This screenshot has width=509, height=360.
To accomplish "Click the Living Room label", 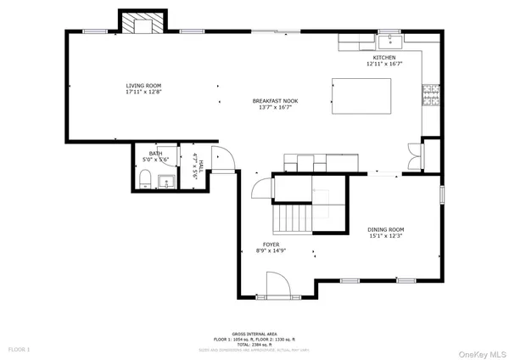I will [143, 86].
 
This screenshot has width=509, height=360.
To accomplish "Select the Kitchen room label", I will [383, 58].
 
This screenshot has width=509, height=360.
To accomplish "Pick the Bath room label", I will [155, 153].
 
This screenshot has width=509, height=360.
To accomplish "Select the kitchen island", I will [361, 96].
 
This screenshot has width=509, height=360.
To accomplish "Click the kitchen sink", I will [393, 38].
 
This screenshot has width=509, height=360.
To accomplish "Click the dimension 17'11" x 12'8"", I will [143, 93].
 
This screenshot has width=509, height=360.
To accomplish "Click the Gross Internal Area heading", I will [254, 335].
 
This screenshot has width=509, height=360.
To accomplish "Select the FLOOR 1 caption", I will [19, 349].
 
